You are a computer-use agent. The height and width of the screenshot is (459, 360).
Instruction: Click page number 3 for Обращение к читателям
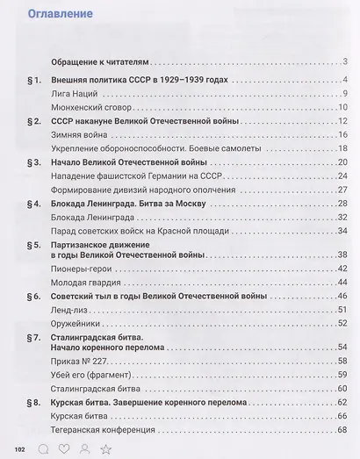[x=347, y=61]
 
